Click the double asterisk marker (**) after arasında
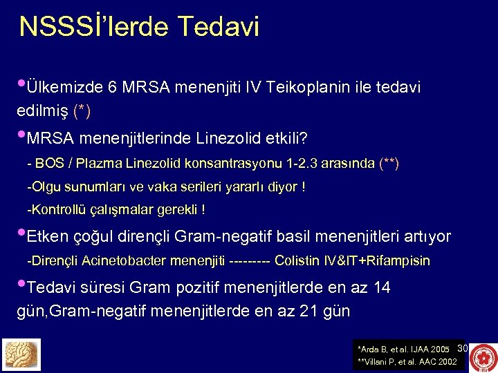pos(389,164)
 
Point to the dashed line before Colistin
pos(250,261)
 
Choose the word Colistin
pos(297,261)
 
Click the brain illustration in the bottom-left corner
pos(22,354)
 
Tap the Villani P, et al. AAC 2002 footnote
pos(406,361)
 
